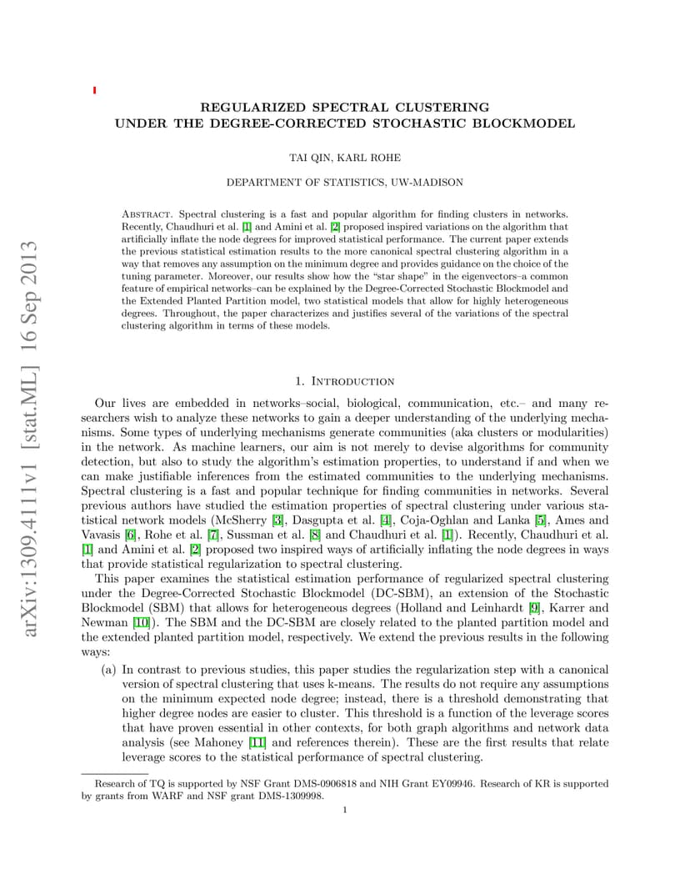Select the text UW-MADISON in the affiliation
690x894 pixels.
point(424,182)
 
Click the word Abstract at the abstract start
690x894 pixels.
point(147,214)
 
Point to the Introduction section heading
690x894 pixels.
point(352,381)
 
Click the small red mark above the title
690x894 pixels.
point(94,89)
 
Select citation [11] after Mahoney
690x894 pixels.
point(257,741)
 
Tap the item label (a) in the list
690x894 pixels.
point(108,670)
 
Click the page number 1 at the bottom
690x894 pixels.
point(344,808)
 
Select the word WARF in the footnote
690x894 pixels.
point(157,796)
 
